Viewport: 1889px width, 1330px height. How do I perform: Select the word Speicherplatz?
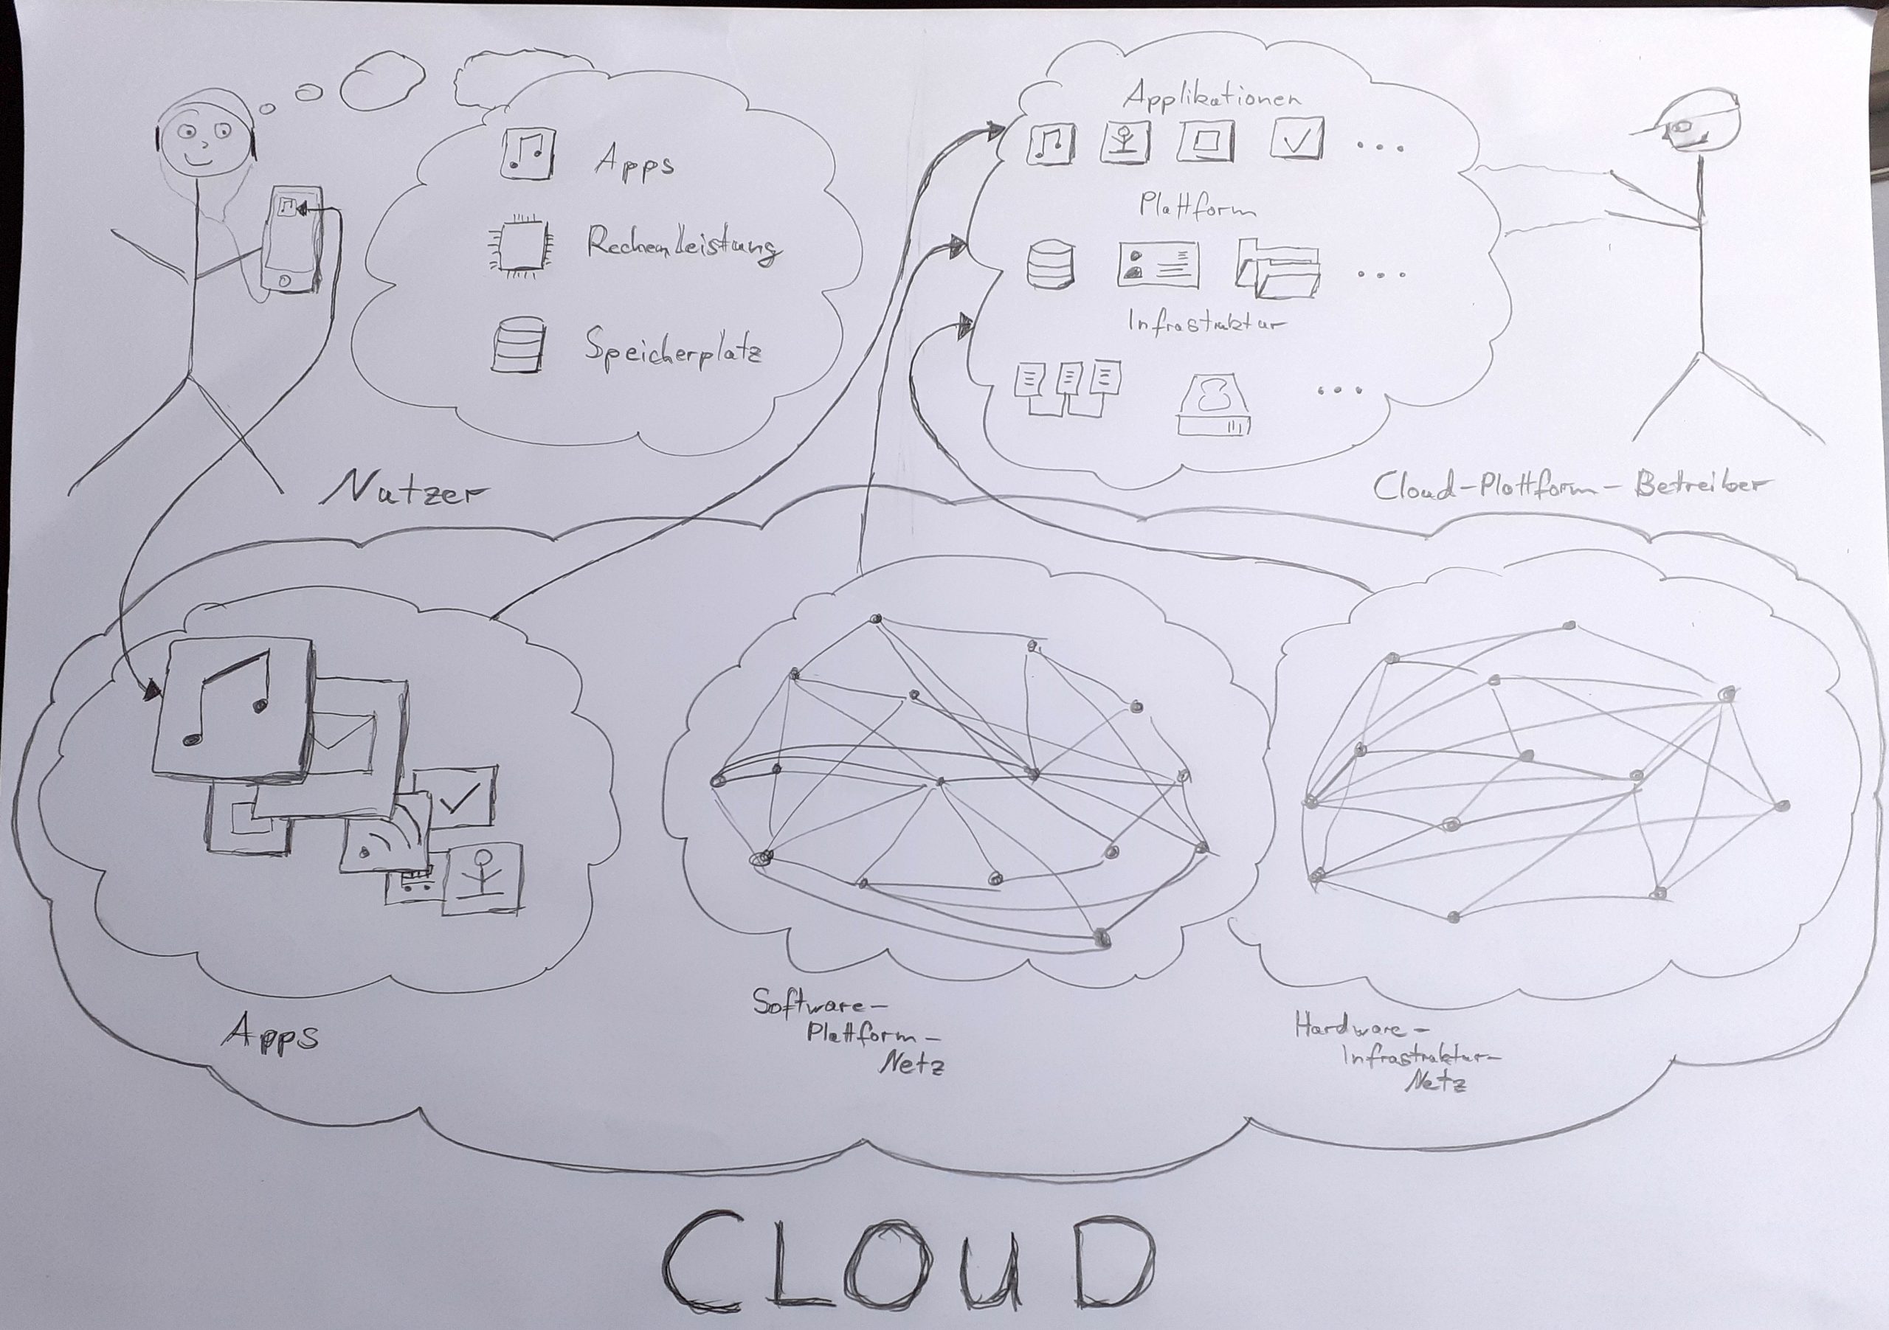[673, 350]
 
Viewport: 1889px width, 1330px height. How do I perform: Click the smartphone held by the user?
[291, 238]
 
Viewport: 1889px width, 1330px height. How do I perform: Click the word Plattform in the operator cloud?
[1196, 206]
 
